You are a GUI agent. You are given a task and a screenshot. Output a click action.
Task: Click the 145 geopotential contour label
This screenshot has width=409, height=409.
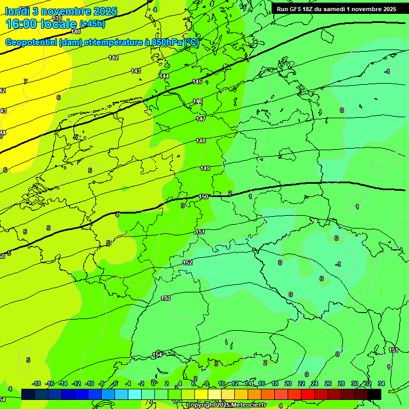(x=197, y=81)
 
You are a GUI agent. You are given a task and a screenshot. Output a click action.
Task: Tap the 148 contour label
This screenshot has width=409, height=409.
(x=201, y=141)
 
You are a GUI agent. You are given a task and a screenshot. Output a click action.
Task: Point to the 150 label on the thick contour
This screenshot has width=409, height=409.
(x=203, y=197)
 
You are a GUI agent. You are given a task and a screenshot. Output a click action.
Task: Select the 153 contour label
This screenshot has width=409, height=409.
(x=166, y=299)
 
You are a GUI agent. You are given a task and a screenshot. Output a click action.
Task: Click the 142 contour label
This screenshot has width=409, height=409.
(x=113, y=58)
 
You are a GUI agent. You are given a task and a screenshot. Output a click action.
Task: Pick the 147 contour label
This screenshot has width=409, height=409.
(x=200, y=119)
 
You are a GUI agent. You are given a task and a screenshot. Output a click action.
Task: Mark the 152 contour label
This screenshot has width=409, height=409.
(x=187, y=263)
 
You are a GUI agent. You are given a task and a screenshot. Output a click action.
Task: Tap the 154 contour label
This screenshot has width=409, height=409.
(x=158, y=355)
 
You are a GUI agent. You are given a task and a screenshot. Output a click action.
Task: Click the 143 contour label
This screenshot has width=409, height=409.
(x=136, y=71)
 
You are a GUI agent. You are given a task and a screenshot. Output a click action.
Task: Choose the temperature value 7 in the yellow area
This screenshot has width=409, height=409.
(x=25, y=81)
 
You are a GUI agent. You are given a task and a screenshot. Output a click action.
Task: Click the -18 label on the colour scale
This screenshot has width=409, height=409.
(x=37, y=383)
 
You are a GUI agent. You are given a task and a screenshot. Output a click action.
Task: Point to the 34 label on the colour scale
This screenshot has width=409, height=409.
(x=381, y=383)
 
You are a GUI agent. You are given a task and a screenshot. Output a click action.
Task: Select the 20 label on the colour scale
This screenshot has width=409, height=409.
(x=288, y=383)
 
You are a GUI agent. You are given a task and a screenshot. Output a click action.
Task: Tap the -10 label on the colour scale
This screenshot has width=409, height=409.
(x=89, y=383)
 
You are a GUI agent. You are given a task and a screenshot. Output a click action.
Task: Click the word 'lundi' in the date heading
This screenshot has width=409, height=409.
(x=17, y=11)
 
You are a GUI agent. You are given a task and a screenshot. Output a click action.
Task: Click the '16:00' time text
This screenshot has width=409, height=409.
(x=21, y=24)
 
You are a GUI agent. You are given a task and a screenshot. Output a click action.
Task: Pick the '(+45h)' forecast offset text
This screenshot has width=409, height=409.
(x=92, y=24)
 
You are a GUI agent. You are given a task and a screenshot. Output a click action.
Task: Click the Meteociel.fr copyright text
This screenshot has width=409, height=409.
(x=226, y=405)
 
